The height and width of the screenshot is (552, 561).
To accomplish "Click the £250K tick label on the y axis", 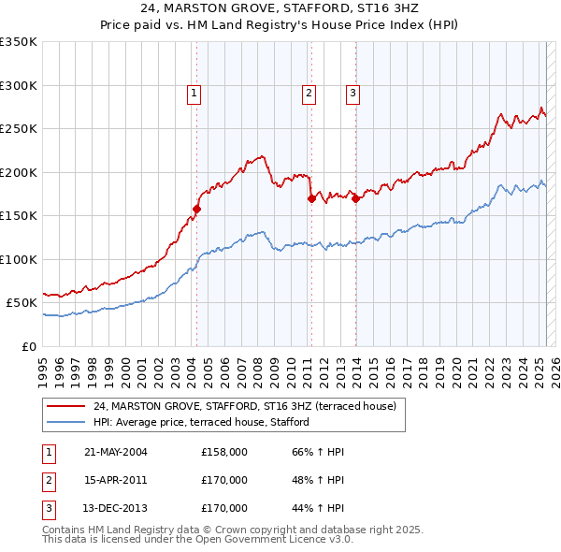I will pos(20,128).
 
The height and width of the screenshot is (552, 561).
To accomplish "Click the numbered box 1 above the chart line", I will pos(194,93).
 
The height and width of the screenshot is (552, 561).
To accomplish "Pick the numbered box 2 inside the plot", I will pos(309,93).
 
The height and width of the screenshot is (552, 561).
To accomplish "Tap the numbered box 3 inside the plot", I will pos(353,93).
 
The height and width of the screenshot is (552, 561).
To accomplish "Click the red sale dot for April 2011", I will pos(311,198).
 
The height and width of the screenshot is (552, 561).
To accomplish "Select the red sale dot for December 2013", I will pos(356,198).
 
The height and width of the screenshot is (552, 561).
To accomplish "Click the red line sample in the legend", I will pos(65,406).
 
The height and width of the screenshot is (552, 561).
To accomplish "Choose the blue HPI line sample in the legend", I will pos(65,422).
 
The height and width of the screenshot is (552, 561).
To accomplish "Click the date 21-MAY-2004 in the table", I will pos(116,452).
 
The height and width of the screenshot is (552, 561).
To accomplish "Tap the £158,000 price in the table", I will pos(224,452).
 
